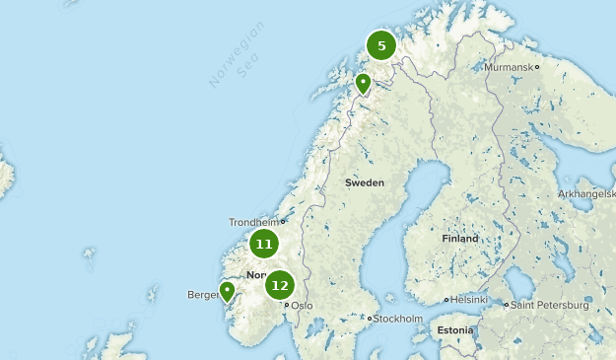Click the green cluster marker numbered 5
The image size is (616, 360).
[x=381, y=45]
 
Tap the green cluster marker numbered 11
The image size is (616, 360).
[x=263, y=244]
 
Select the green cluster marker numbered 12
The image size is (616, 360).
[x=280, y=286]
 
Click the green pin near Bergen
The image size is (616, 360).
[x=227, y=291]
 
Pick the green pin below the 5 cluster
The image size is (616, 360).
[x=363, y=83]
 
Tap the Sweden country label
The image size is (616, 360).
[x=365, y=182]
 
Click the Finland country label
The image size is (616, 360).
[x=459, y=239]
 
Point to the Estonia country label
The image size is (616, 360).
[x=455, y=329]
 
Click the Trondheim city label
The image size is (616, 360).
[x=254, y=222]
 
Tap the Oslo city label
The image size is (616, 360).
[x=302, y=306]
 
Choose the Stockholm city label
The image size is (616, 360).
[x=398, y=320]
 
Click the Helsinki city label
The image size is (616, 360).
[x=469, y=300]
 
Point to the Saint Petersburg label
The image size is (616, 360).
[x=550, y=306]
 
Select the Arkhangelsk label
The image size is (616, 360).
[x=586, y=193]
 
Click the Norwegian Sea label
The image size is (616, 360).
[x=232, y=59]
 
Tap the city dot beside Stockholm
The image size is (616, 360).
[x=370, y=319]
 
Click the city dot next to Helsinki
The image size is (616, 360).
[x=446, y=300]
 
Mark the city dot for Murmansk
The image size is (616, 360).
[x=536, y=67]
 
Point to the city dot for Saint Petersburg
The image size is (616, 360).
[x=507, y=305]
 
